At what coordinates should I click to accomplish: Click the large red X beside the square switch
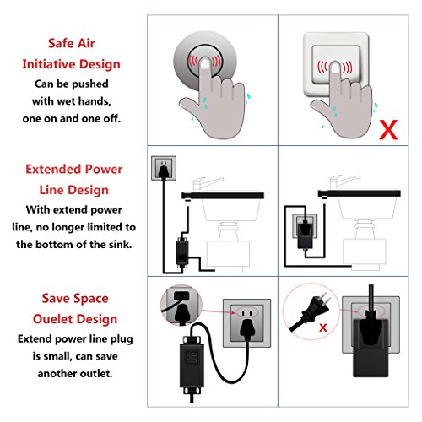click(388, 130)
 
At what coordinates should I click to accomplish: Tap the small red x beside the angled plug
click(323, 327)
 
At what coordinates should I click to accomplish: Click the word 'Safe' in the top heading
click(60, 43)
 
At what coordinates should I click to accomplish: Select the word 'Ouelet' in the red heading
click(52, 319)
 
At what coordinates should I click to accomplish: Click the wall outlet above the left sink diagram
click(164, 168)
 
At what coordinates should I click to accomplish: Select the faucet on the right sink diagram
click(344, 182)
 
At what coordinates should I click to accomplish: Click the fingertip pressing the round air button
click(205, 63)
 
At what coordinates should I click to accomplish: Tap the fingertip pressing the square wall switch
click(335, 68)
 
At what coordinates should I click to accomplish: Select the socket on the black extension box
click(192, 358)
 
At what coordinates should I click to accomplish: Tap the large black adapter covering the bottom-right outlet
click(371, 348)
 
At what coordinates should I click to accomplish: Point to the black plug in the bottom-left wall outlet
click(247, 328)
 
